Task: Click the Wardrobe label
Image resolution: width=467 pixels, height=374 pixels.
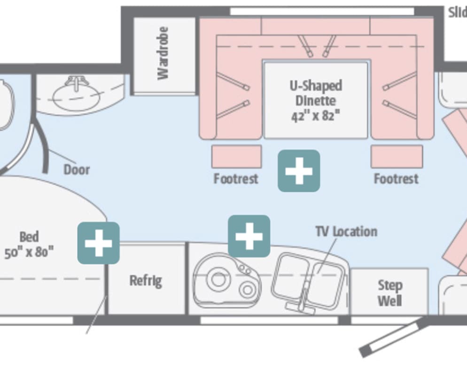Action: [x=163, y=53]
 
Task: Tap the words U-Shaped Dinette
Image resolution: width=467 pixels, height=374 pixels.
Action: [x=316, y=93]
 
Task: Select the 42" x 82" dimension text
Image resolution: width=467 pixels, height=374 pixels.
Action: [x=315, y=115]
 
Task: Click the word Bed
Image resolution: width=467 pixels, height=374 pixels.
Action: [x=29, y=237]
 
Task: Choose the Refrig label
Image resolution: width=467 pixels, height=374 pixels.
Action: [x=146, y=281]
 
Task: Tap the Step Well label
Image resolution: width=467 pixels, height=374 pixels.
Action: [x=390, y=293]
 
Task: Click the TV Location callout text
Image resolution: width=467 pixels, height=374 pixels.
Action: [x=346, y=231]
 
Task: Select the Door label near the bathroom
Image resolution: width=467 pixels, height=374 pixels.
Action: [x=77, y=169]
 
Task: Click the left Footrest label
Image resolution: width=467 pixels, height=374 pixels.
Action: [x=236, y=179]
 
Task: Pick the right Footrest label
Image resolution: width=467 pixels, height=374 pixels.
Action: [x=396, y=179]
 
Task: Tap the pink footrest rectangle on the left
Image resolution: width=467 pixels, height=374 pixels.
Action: [x=236, y=157]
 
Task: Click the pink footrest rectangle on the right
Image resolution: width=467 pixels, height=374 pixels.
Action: [x=397, y=157]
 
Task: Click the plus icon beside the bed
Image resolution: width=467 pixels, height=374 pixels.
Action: [x=99, y=243]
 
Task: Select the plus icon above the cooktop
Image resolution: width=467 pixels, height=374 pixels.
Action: [x=249, y=236]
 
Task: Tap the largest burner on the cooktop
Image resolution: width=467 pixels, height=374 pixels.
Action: [x=217, y=279]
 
